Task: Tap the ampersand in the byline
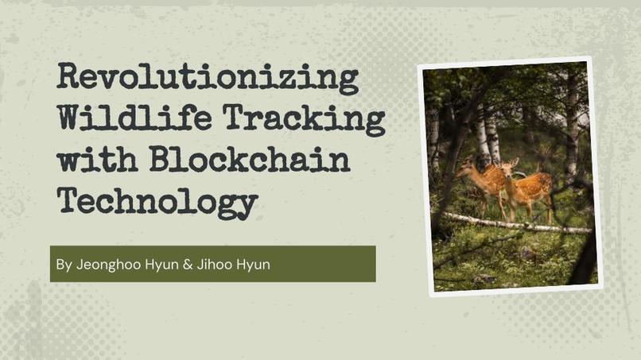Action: pos(188,265)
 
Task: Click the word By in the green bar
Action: pos(64,265)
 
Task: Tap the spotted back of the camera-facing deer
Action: pos(534,185)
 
